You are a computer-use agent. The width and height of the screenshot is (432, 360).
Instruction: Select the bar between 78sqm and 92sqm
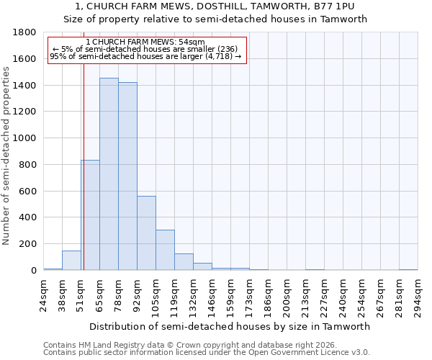pos(127,176)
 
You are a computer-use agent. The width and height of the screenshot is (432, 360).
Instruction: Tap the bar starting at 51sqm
pos(90,215)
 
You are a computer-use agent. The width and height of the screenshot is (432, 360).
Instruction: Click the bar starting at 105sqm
pos(165,250)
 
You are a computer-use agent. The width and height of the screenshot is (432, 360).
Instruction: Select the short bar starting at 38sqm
pos(71,261)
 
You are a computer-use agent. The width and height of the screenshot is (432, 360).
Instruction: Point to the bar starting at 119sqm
pos(184,262)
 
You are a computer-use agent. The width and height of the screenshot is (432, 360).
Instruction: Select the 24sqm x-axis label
pos(44,295)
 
